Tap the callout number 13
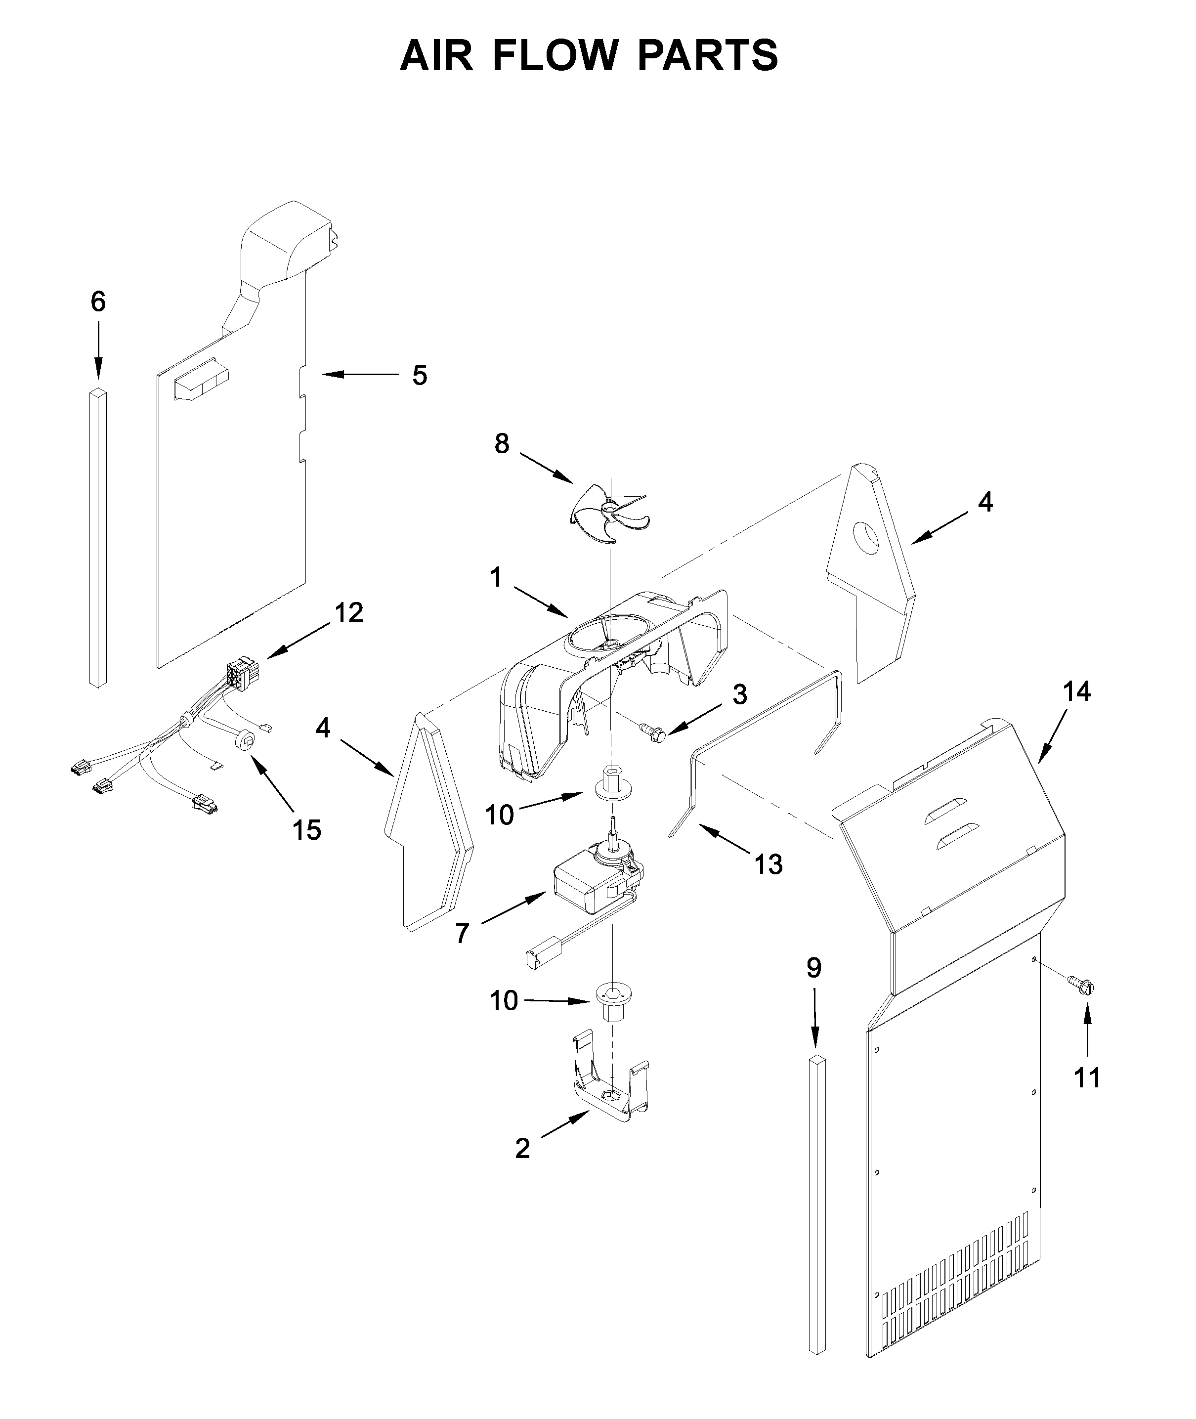click(x=768, y=864)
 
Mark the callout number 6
click(x=98, y=301)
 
